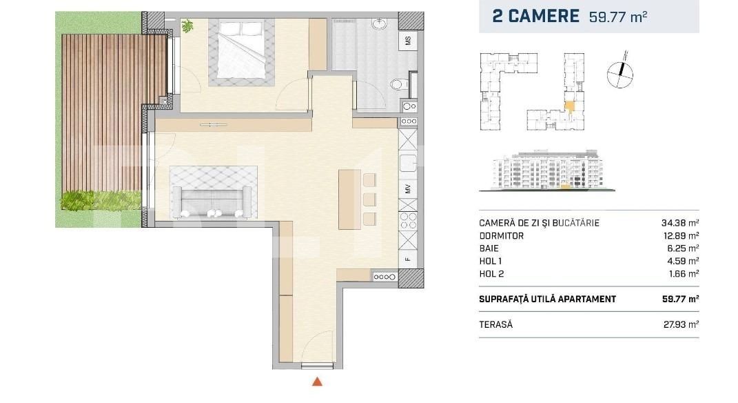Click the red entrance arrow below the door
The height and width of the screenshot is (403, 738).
(317, 381)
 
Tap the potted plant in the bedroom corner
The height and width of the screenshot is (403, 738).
(187, 26)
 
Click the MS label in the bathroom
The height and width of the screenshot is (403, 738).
(408, 40)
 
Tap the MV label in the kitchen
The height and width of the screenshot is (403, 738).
(408, 188)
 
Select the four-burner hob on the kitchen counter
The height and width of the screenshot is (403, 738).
(408, 223)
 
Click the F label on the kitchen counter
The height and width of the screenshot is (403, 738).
(408, 259)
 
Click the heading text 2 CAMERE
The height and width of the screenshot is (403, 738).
(535, 17)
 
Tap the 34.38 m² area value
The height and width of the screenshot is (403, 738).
(679, 223)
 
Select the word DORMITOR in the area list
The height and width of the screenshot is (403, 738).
(501, 235)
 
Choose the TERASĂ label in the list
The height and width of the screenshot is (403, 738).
(495, 324)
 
